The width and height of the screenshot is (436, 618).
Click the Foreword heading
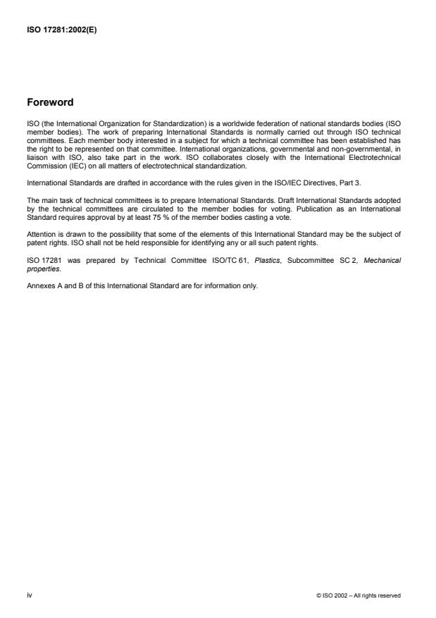(49, 103)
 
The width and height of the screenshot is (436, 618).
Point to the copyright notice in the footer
(359, 595)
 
